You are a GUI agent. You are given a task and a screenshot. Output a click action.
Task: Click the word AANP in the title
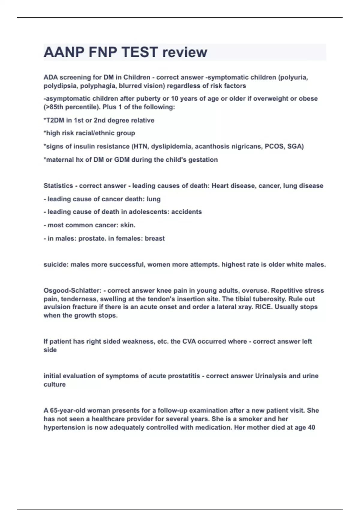pos(64,52)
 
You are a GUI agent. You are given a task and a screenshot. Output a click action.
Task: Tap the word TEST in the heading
pos(140,52)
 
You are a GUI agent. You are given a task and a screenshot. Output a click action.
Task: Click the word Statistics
pos(58,186)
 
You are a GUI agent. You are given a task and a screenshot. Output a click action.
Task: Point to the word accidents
pos(186,212)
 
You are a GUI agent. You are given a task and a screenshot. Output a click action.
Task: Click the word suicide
pos(55,265)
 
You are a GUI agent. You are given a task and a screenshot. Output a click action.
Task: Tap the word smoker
pos(248,419)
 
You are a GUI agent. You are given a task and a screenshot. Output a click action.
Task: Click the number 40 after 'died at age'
pos(311,427)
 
